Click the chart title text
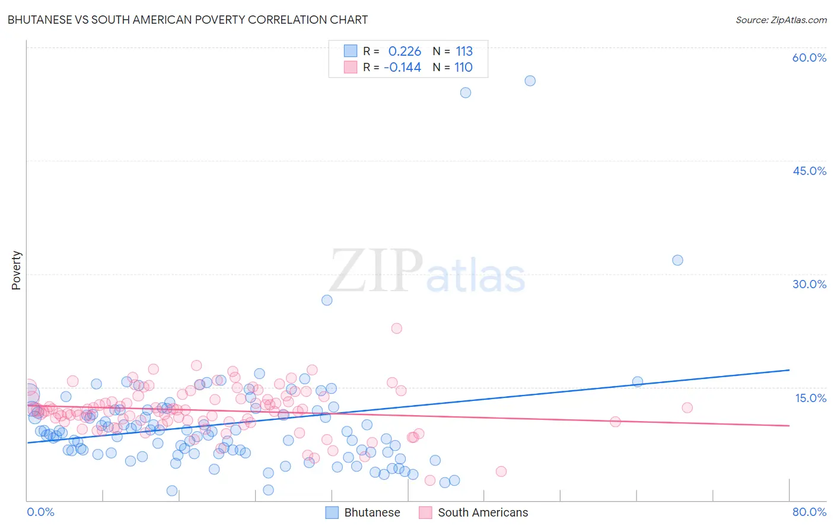(187, 20)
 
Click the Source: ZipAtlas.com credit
(781, 20)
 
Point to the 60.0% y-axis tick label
(809, 58)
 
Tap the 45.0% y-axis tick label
(809, 171)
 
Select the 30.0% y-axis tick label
(809, 284)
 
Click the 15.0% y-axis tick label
(810, 398)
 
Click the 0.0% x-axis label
(40, 512)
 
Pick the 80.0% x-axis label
(809, 512)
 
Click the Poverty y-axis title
(16, 270)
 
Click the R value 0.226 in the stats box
(405, 52)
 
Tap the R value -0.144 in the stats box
(402, 68)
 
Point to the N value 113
(464, 52)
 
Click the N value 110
(463, 68)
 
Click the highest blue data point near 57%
(530, 81)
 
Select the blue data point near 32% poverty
(677, 260)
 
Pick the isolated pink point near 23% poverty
(396, 329)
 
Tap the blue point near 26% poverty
(327, 300)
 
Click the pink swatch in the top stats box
(351, 68)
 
